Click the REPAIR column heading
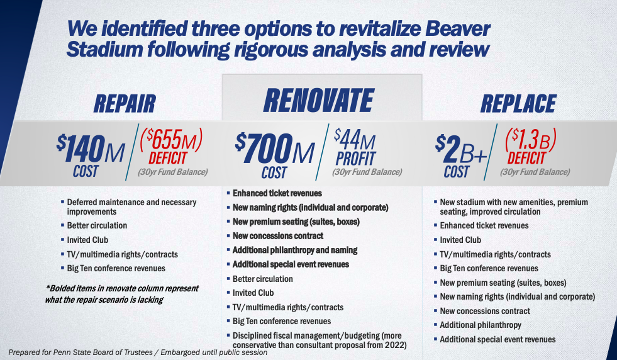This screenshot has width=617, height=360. coord(125,104)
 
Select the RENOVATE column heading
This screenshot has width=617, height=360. coord(318,101)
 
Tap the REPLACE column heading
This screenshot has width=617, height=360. coord(518,104)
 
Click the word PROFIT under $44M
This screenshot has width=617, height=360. coord(356,159)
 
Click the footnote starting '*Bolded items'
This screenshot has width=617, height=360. coord(122,294)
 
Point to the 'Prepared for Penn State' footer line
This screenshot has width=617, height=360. coord(138,352)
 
